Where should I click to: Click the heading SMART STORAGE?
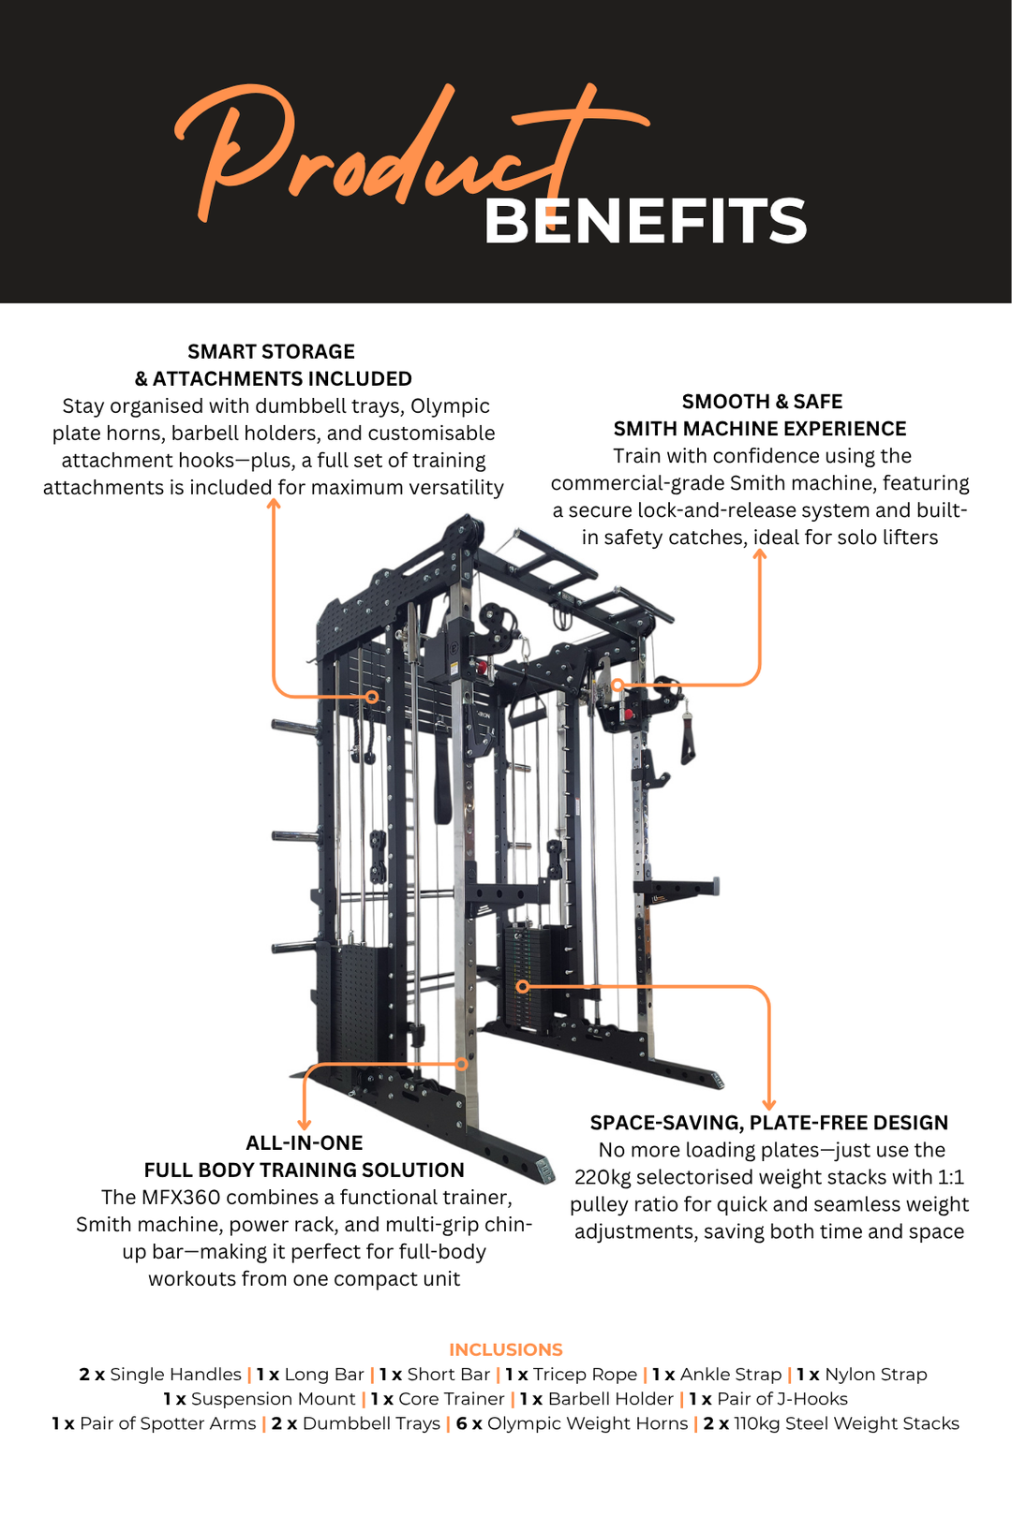(271, 352)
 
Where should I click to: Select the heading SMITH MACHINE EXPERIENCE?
(760, 429)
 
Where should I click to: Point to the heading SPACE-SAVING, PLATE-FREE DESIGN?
(768, 1123)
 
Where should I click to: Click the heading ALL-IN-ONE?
(304, 1143)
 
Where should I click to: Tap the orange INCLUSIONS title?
(506, 1349)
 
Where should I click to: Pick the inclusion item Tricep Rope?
(585, 1375)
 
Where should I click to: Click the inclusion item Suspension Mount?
(273, 1399)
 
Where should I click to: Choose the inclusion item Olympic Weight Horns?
(588, 1423)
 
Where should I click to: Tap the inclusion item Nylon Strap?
(875, 1375)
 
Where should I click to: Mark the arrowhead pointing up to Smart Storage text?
(274, 505)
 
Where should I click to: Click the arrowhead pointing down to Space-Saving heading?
(769, 1104)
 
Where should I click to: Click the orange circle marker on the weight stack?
(523, 986)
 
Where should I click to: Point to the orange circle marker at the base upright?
(462, 1064)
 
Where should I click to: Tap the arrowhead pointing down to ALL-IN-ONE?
(304, 1124)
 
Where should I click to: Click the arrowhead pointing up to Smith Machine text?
(760, 554)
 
